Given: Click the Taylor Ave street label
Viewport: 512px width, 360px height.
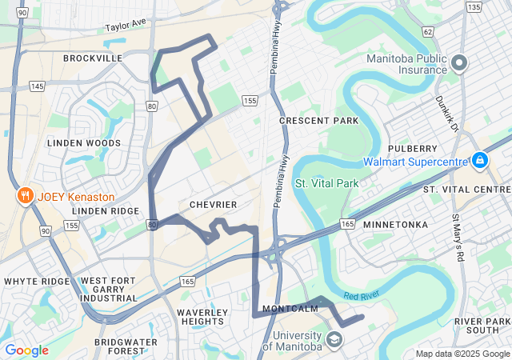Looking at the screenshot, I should coord(126,26).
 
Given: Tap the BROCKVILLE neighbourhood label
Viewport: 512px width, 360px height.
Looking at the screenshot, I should coord(93,58).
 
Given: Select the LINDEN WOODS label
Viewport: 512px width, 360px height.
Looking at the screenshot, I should coord(84,143).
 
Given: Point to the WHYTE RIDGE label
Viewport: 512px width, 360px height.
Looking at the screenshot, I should coord(37,282).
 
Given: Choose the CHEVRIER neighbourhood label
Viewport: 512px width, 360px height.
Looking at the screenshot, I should coord(213,205).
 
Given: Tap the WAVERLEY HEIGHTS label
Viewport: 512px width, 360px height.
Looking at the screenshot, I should coord(201,316).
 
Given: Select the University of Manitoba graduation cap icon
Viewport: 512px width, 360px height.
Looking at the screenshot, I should coord(334,340).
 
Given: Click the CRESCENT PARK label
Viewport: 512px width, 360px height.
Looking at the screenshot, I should coord(319,121).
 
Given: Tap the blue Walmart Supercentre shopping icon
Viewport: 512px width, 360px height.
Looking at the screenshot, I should coord(479,161).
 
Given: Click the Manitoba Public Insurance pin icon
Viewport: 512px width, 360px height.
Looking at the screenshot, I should coord(459,62).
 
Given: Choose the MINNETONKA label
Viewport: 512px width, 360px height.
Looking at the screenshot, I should coord(395,225).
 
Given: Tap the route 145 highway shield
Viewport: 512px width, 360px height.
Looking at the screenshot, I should coord(37,86).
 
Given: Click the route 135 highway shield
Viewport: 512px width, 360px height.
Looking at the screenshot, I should coord(474,7).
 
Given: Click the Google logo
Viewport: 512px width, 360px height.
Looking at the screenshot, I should coord(26,350).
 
